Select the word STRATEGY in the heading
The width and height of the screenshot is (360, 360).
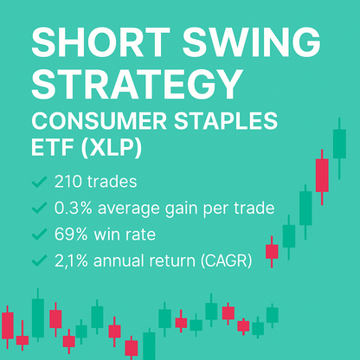[x=135, y=85]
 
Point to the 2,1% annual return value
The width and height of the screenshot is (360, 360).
[x=74, y=260]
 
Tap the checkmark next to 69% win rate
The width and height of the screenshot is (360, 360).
[x=38, y=234]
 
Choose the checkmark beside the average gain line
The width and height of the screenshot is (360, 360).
[x=38, y=208]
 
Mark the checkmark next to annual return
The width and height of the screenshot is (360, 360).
[x=38, y=260]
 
